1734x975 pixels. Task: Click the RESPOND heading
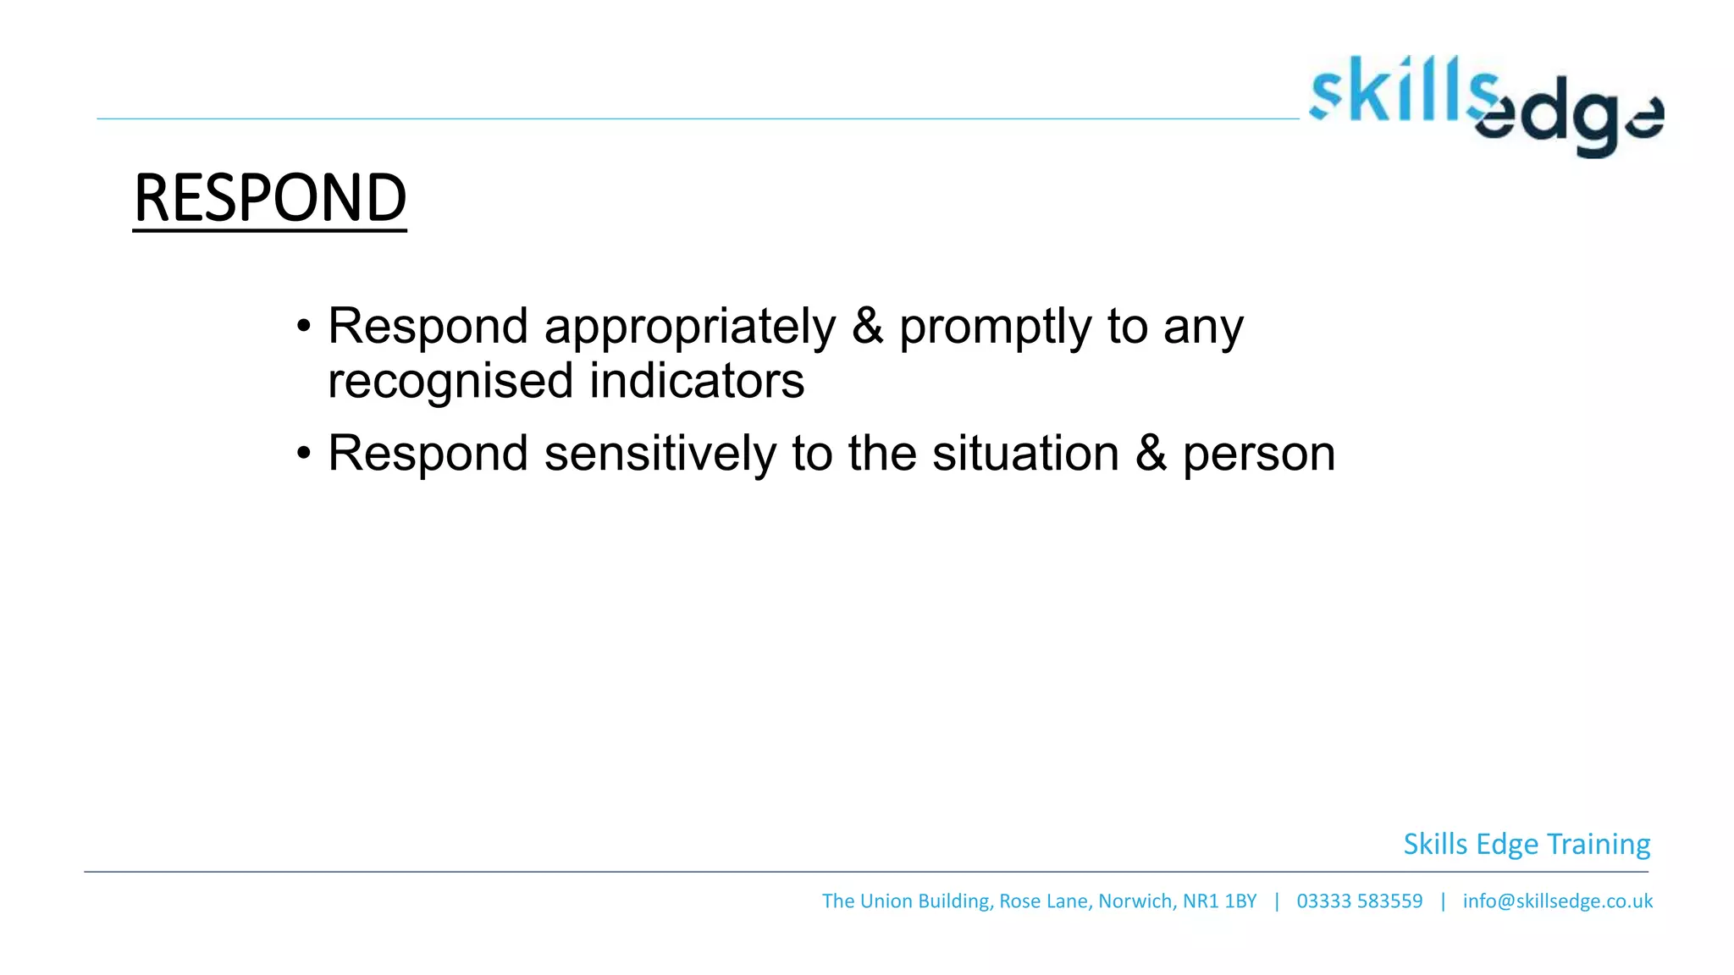[x=270, y=198]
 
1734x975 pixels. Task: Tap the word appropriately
[x=689, y=327]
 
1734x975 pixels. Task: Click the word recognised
[x=450, y=381]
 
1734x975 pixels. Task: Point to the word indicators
[x=696, y=381]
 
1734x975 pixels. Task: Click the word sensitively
[x=660, y=454]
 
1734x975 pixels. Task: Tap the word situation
[x=1025, y=454]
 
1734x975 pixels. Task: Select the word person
[x=1258, y=455]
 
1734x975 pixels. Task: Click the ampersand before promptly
[x=867, y=327]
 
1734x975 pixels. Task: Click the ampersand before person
[x=1151, y=454]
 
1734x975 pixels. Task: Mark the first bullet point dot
[x=304, y=328]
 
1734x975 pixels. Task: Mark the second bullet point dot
[x=304, y=454]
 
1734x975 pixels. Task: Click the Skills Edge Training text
[x=1526, y=844]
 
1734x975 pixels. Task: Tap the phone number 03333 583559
[x=1359, y=901]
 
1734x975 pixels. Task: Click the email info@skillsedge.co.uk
[x=1557, y=901]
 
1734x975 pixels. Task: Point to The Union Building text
[x=905, y=901]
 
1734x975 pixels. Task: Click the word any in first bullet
[x=1202, y=328]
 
